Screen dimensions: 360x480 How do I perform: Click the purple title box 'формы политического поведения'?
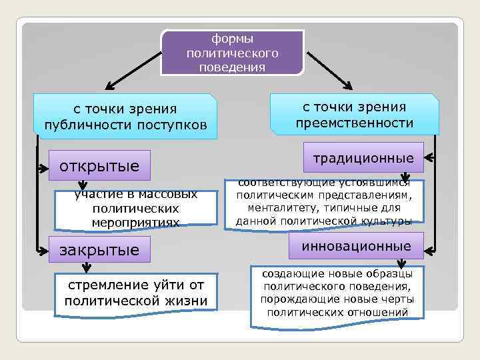tap(233, 52)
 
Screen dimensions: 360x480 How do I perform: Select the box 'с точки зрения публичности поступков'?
tap(125, 117)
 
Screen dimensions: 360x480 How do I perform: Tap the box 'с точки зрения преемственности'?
tap(354, 115)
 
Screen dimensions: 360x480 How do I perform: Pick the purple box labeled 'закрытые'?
tap(100, 250)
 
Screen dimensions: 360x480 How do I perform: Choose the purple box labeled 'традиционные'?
tap(363, 158)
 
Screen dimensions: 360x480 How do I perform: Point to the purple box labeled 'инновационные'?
tap(357, 246)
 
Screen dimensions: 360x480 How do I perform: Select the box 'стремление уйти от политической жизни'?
tap(136, 291)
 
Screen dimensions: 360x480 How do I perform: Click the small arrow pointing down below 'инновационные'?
tap(402, 265)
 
